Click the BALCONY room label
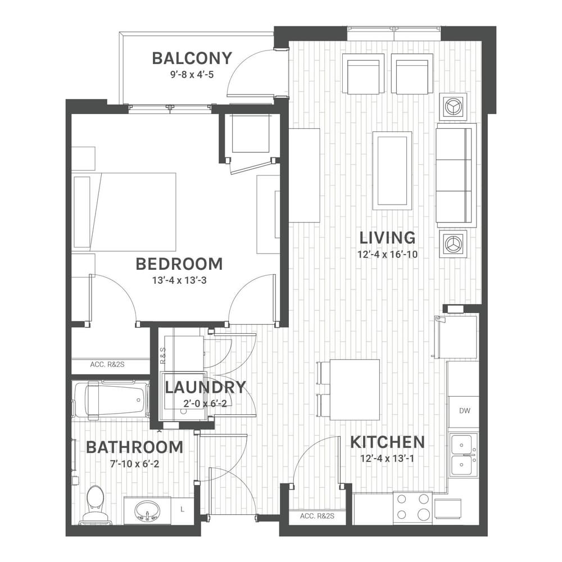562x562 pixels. point(192,58)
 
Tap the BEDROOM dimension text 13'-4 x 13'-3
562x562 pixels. point(179,280)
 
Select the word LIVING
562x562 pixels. point(387,238)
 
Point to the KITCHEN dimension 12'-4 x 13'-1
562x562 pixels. point(387,459)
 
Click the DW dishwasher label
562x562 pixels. point(465,411)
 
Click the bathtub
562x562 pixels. point(111,400)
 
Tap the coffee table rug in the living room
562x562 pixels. point(392,171)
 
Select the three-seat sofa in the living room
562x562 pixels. point(456,175)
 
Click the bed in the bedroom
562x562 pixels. point(124,212)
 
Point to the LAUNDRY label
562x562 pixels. point(205,387)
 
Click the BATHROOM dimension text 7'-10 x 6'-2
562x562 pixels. point(134,464)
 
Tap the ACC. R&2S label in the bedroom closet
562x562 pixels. point(107,365)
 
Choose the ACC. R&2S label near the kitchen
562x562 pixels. point(317,516)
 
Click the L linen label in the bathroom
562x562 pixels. point(183,509)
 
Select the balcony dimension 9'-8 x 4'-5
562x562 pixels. point(192,75)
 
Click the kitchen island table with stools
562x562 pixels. point(349,389)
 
